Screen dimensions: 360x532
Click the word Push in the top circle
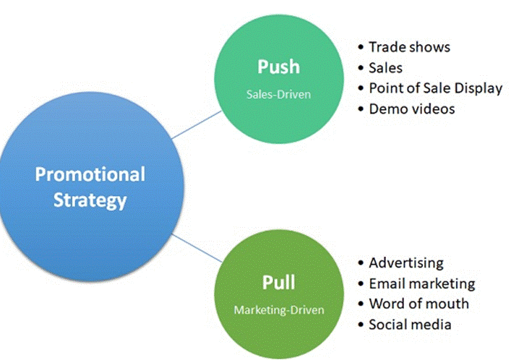pos(278,67)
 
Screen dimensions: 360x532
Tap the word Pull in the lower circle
pos(278,283)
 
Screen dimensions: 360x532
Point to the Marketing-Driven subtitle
pos(279,309)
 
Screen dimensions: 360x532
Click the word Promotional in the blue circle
pos(90,174)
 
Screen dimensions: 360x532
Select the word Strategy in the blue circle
pos(90,200)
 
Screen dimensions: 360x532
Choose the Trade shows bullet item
pos(408,47)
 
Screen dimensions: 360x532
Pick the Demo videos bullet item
pos(412,109)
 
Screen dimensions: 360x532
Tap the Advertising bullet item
pos(406,262)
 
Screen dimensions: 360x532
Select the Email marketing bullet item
pos(421,283)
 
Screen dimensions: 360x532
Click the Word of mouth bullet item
pos(419,304)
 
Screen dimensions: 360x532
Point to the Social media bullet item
pos(410,325)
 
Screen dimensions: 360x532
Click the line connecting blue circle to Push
pos(197,128)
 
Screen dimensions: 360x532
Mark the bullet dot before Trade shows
pos(361,48)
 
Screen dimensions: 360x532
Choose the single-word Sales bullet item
pos(385,68)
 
